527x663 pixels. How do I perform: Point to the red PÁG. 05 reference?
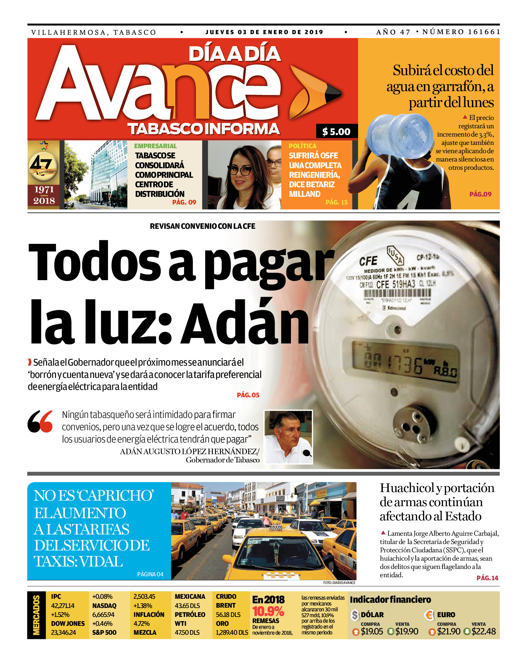[248, 395]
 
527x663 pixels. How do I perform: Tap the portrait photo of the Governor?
[288, 437]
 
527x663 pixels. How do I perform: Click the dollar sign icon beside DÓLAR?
[355, 615]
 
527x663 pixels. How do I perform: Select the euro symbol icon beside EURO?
[429, 615]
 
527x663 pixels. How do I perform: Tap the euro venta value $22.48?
[484, 631]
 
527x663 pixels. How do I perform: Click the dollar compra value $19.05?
[372, 631]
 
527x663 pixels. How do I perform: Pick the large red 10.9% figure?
[268, 611]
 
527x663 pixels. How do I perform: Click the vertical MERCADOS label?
[36, 615]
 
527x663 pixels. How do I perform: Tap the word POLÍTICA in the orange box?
[302, 146]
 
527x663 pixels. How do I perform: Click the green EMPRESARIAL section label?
[155, 146]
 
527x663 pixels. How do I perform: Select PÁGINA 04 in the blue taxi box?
[150, 574]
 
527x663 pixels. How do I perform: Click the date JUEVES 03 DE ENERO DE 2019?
[264, 32]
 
